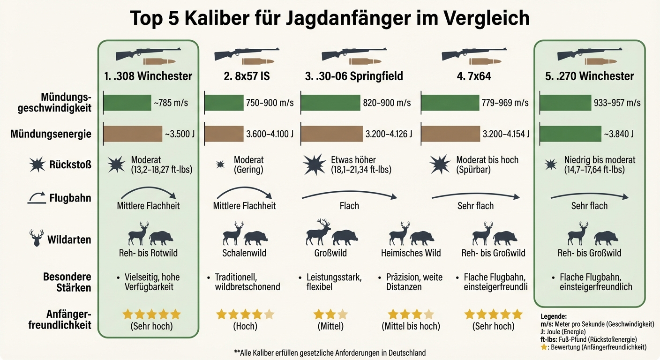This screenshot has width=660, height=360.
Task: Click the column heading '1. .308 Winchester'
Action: (x=149, y=76)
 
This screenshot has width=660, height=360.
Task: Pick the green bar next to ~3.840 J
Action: (x=570, y=134)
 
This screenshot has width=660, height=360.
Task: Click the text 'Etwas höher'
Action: (x=353, y=160)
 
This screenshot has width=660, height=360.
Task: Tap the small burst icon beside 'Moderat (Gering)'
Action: (x=219, y=165)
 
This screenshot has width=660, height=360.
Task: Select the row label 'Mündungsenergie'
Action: (x=51, y=135)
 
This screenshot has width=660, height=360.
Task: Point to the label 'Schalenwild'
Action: (x=244, y=253)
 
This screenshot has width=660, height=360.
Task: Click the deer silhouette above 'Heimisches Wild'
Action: (x=399, y=233)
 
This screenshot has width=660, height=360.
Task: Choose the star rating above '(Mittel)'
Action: (x=330, y=314)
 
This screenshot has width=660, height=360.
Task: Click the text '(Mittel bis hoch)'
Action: (x=411, y=326)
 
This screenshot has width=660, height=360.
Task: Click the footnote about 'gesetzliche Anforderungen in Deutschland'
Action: (x=330, y=352)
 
